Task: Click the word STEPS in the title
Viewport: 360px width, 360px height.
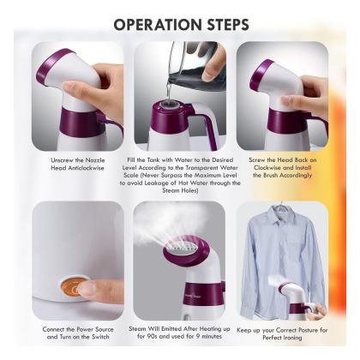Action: click(228, 25)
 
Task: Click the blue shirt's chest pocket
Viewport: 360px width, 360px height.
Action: click(297, 250)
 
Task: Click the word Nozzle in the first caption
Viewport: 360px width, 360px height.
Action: click(95, 160)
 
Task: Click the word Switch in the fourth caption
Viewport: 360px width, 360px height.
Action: click(100, 337)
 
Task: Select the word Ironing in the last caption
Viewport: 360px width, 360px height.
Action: click(292, 338)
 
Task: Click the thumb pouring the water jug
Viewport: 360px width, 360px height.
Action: click(210, 70)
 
